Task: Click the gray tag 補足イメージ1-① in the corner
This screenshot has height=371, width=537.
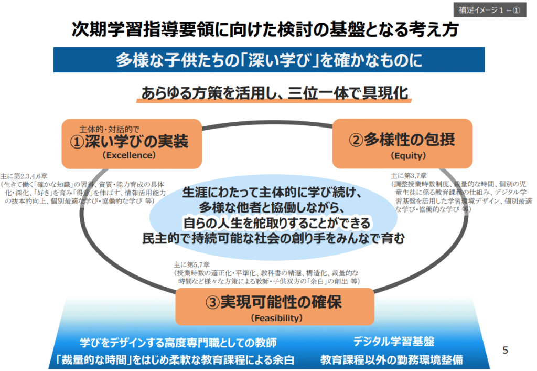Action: click(x=489, y=10)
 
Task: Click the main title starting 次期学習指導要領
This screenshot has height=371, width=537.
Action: click(x=265, y=29)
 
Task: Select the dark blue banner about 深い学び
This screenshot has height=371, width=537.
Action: click(x=269, y=60)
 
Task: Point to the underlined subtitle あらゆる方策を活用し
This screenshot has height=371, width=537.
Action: click(x=274, y=93)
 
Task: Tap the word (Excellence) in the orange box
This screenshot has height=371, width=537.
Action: click(x=129, y=155)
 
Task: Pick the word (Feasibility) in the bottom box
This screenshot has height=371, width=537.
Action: click(x=277, y=318)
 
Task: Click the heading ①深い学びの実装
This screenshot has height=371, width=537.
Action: click(x=129, y=141)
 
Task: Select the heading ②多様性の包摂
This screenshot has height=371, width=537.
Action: click(x=402, y=140)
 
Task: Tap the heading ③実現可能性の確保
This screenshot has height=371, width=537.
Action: click(x=274, y=302)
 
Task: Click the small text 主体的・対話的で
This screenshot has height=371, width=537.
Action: click(x=109, y=129)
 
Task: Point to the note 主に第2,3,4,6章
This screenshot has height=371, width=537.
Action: click(x=24, y=176)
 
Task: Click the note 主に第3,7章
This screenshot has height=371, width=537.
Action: click(x=409, y=176)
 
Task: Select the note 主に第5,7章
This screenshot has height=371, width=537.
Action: click(x=191, y=265)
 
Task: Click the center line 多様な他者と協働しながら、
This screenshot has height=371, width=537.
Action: click(x=272, y=208)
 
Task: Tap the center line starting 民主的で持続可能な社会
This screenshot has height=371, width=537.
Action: click(x=273, y=238)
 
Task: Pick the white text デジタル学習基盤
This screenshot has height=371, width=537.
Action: click(x=394, y=342)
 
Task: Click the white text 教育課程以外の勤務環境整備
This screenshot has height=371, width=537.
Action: click(x=391, y=359)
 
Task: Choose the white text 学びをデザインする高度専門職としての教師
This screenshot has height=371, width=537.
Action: click(x=178, y=343)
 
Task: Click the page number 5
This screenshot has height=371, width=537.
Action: click(x=505, y=350)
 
